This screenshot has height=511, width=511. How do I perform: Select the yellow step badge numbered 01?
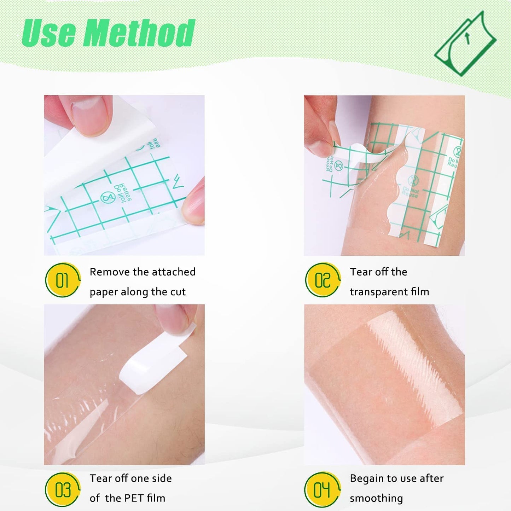pos(63,280)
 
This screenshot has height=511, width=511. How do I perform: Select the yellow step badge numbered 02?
pos(323,280)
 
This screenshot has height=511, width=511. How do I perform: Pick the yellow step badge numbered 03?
pos(63,489)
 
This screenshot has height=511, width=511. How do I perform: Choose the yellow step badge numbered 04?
pos(322,489)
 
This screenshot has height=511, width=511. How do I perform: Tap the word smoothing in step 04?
pos(376,498)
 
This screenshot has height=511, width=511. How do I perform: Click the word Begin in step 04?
pos(366,478)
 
